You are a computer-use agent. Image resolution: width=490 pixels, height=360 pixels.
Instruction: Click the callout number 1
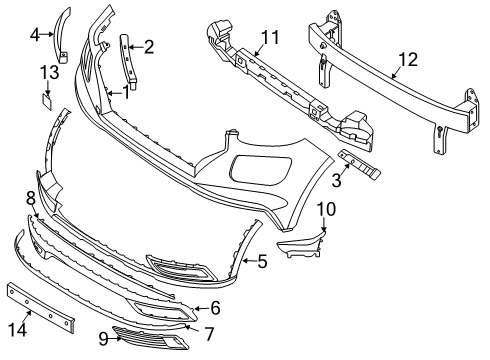(x=126, y=92)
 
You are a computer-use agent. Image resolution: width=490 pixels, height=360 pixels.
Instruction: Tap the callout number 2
(x=149, y=45)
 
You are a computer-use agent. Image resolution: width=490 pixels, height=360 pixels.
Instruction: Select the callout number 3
(x=337, y=180)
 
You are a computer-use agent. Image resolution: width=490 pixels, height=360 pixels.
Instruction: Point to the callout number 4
(x=35, y=34)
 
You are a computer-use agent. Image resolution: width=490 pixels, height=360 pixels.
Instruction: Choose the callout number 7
(x=208, y=331)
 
